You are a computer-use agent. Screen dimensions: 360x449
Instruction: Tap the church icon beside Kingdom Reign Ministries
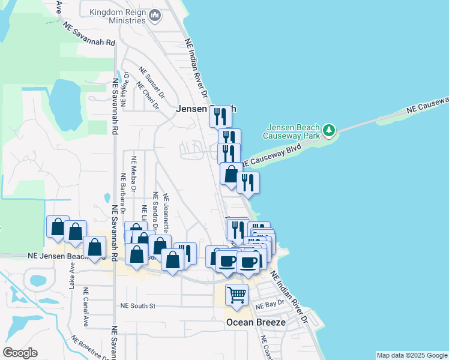[155, 15]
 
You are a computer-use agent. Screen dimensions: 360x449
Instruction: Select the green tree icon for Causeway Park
[328, 130]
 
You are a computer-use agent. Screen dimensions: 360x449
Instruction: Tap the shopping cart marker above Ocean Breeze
[237, 295]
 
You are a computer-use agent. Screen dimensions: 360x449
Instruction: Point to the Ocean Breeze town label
[256, 322]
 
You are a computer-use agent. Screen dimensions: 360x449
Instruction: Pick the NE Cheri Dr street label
[148, 95]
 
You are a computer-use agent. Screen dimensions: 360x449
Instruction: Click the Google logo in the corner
[20, 353]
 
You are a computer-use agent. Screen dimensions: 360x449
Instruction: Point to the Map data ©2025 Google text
[412, 355]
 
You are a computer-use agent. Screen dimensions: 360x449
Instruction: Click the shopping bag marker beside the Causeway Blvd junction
[230, 175]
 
